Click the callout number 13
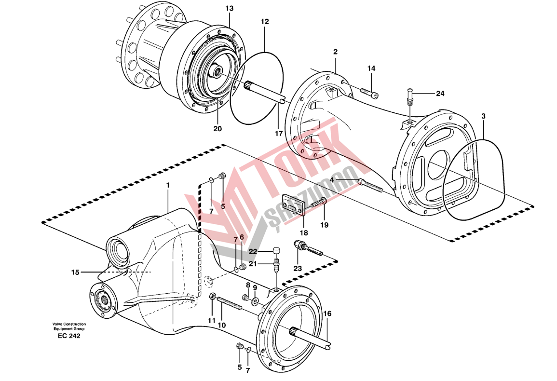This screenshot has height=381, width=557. pos(229,8)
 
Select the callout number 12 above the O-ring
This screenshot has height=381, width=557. pos(265,22)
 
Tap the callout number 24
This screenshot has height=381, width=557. pos(440,93)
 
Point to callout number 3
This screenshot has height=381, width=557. pos(483,116)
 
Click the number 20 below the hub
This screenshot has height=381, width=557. pos(217,129)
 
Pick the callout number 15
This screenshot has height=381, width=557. pos(75,272)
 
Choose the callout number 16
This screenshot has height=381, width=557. pos(327,314)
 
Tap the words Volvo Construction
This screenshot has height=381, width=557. pos(69,324)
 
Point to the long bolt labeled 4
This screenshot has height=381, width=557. pos(370,186)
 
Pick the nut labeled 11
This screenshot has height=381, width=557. pos(212,296)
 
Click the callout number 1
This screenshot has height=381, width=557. pos(168,185)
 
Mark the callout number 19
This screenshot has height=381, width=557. pos(324,225)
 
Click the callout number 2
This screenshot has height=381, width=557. pos(335,52)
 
